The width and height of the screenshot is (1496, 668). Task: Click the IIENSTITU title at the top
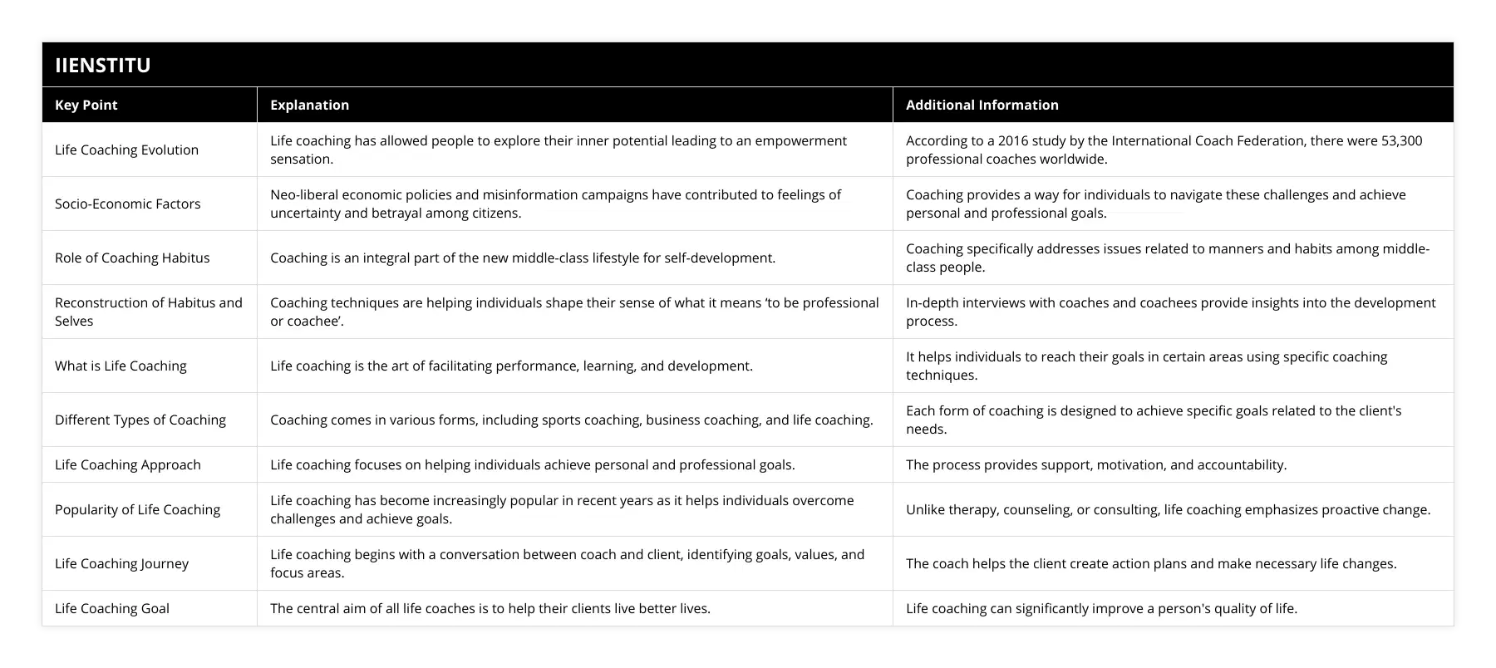(x=102, y=65)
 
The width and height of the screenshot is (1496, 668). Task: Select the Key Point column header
(x=86, y=105)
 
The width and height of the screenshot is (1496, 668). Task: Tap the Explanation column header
(x=309, y=105)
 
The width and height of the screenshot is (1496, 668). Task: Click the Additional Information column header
(x=982, y=105)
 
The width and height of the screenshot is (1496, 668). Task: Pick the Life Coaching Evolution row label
(x=126, y=150)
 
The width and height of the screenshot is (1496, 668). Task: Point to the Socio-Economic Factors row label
(x=127, y=204)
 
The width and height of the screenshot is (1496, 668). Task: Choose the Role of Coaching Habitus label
(x=132, y=258)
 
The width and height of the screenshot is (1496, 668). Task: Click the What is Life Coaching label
(x=121, y=366)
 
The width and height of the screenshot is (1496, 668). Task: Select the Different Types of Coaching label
(x=140, y=420)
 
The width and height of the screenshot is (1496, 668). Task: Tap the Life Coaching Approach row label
(x=127, y=464)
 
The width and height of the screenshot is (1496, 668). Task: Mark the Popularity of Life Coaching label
(x=137, y=509)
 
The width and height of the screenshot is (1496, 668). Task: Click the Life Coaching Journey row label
(x=121, y=563)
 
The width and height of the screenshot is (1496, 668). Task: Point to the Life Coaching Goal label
(x=111, y=608)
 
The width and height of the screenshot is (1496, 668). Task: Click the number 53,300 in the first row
(x=1401, y=140)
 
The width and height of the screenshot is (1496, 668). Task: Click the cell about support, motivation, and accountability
(x=1095, y=464)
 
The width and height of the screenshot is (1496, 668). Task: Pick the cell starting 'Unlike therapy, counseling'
(x=1168, y=509)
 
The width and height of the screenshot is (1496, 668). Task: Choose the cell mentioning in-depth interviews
(x=1170, y=312)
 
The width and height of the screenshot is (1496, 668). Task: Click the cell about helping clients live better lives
(x=490, y=608)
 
